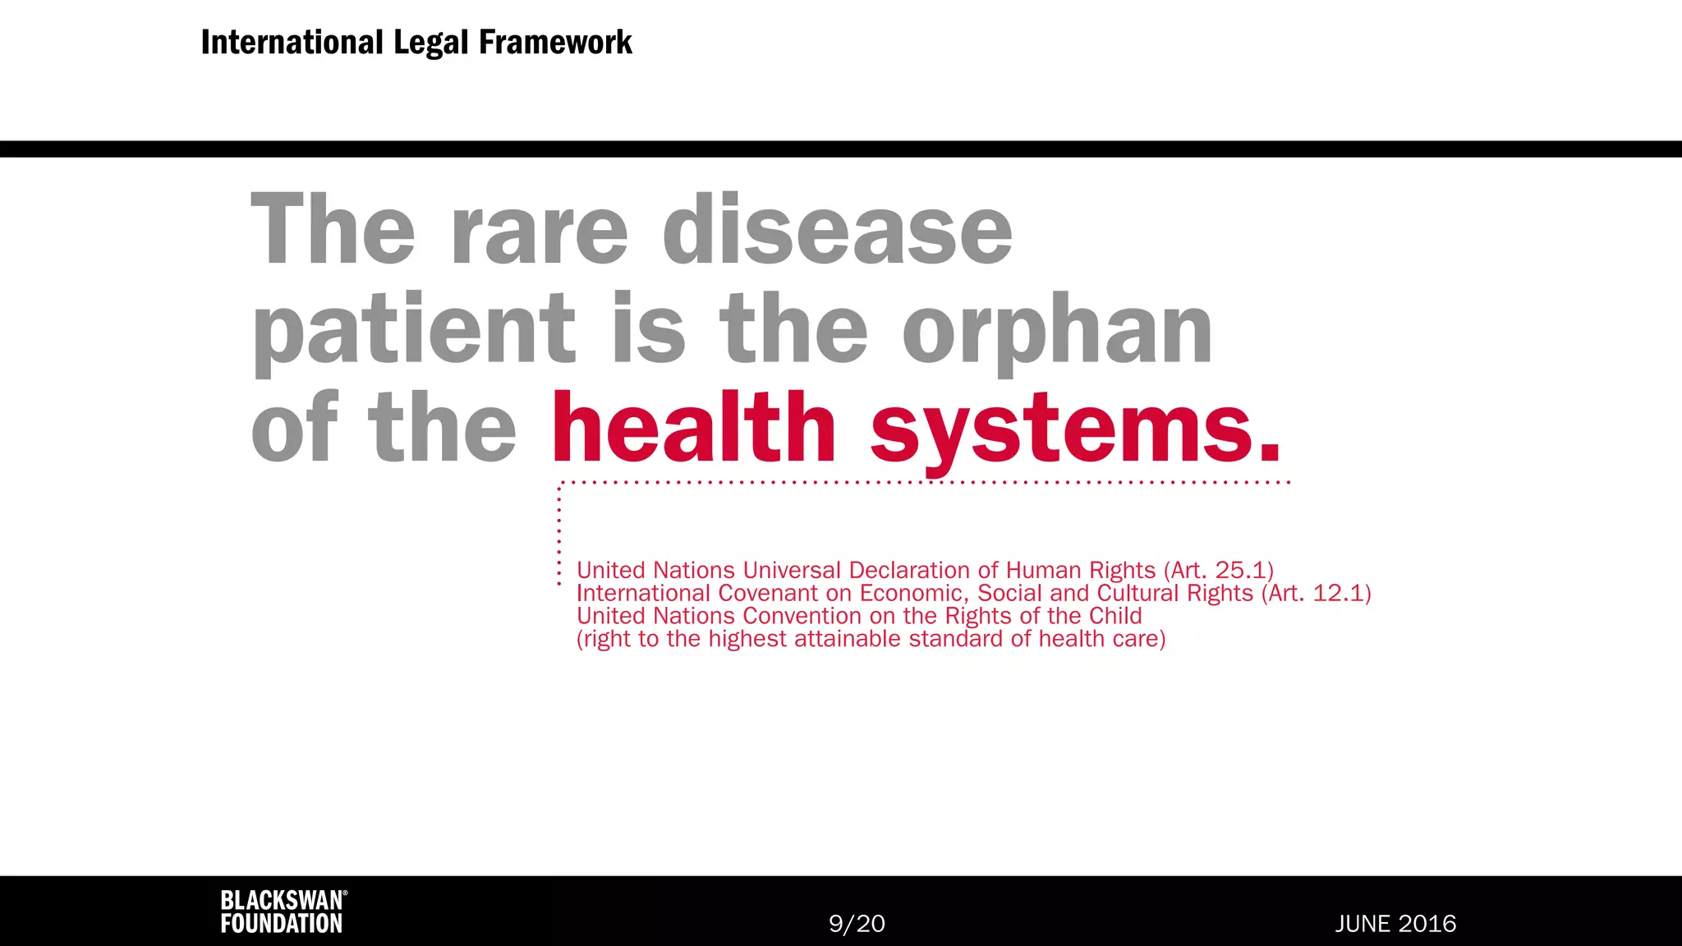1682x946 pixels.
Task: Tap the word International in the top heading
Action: [292, 43]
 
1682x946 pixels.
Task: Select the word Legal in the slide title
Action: [431, 43]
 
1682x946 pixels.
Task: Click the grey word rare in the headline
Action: [540, 232]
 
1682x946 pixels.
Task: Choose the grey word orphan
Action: [1057, 330]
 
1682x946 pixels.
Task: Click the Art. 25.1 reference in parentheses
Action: [1219, 570]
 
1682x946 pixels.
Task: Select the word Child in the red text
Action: [1115, 616]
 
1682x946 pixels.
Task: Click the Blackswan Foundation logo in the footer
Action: [283, 912]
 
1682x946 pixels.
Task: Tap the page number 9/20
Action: [857, 924]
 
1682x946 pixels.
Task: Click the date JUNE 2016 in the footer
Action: [1395, 924]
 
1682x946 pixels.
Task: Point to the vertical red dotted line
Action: [559, 534]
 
